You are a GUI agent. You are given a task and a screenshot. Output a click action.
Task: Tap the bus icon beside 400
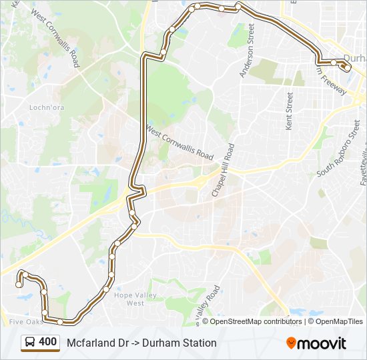(x=31, y=343)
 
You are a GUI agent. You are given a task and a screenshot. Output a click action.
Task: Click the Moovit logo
(x=316, y=343)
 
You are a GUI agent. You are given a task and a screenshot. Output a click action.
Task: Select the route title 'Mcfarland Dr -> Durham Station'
(x=141, y=343)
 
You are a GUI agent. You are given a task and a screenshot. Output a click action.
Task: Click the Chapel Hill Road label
(x=222, y=170)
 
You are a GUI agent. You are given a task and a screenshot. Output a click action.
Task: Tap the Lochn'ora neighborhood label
(x=45, y=107)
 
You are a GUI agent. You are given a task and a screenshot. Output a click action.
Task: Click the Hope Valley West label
(x=129, y=299)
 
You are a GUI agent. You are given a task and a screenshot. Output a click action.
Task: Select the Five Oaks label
(x=25, y=321)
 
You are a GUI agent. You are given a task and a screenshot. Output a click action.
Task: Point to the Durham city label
(x=354, y=57)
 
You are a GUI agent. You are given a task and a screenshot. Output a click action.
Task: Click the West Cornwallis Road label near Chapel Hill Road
(x=179, y=143)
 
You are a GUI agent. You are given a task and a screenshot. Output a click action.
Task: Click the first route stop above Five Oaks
(x=18, y=285)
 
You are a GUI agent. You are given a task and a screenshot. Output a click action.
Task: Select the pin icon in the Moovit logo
(x=291, y=343)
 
